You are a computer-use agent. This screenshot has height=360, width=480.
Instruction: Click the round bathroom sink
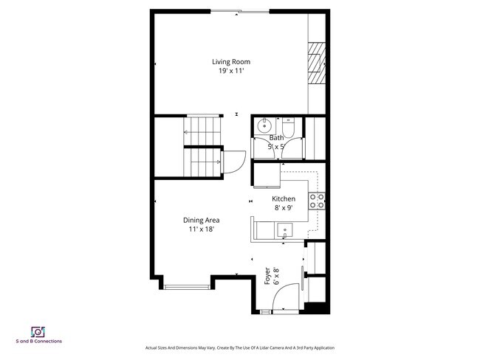tap(263, 126)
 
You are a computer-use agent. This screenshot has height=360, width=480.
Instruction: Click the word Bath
tap(276, 137)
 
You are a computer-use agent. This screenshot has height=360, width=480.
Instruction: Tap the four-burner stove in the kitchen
tap(317, 200)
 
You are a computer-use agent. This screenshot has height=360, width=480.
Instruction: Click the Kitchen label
tap(284, 199)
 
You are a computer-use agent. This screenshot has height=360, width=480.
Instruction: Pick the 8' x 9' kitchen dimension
tap(284, 208)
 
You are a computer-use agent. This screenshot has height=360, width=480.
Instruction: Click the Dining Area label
tap(202, 220)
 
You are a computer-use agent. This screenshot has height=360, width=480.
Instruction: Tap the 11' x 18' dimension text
tap(202, 229)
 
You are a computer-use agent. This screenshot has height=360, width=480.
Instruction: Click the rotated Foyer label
tap(267, 277)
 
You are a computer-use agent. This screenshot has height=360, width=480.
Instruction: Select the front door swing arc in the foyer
tap(284, 299)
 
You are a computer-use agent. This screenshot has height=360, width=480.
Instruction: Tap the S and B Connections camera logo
tap(38, 331)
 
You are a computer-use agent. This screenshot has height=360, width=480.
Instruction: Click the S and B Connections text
tap(38, 342)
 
